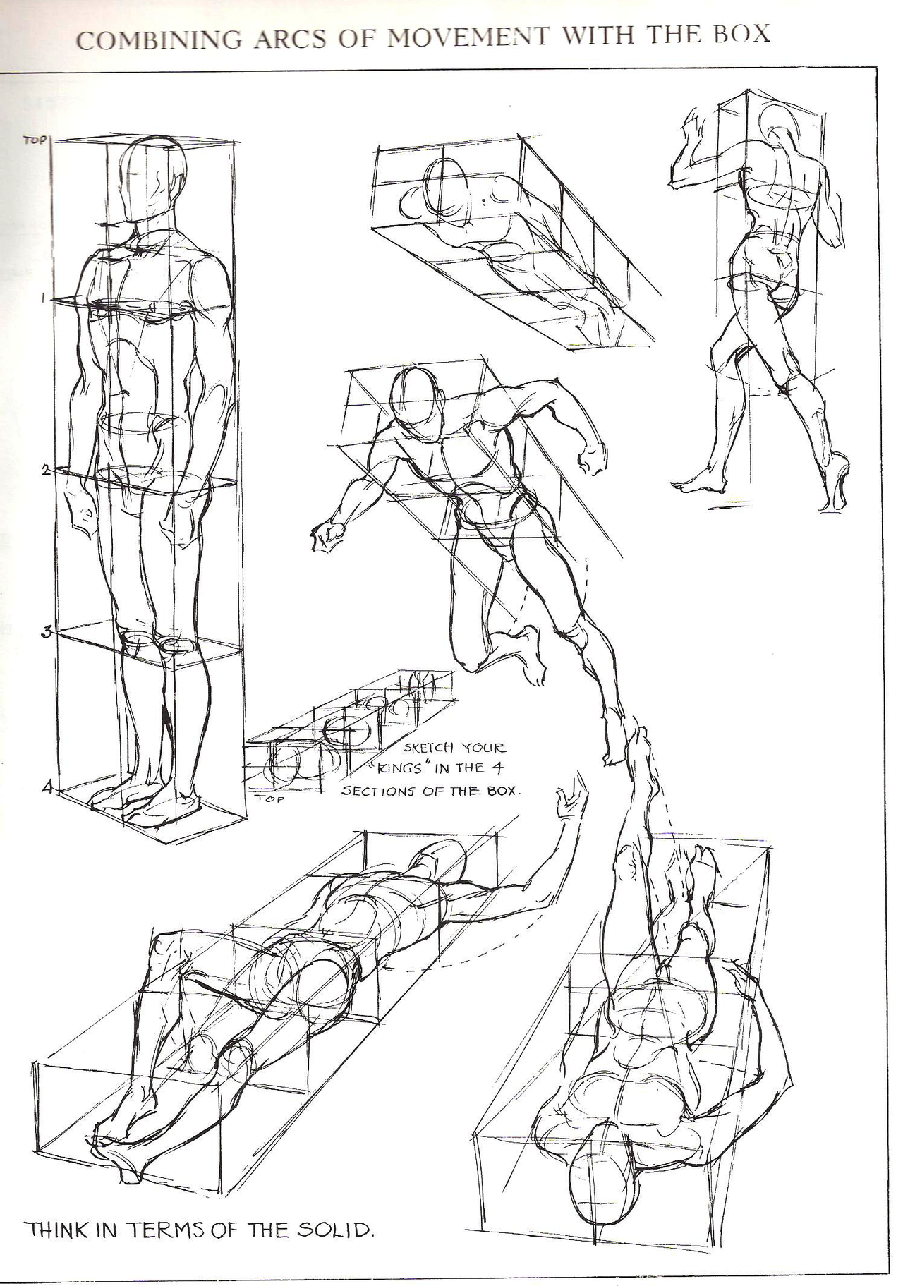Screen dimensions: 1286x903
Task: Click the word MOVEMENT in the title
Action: click(466, 37)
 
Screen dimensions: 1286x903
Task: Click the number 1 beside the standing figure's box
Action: click(43, 298)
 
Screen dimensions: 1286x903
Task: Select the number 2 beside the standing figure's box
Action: click(44, 470)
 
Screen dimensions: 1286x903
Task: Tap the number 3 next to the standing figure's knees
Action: click(44, 632)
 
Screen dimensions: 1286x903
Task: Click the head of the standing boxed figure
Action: click(153, 180)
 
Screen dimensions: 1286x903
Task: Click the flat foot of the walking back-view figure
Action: click(698, 483)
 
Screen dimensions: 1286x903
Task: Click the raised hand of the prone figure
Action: click(570, 804)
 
